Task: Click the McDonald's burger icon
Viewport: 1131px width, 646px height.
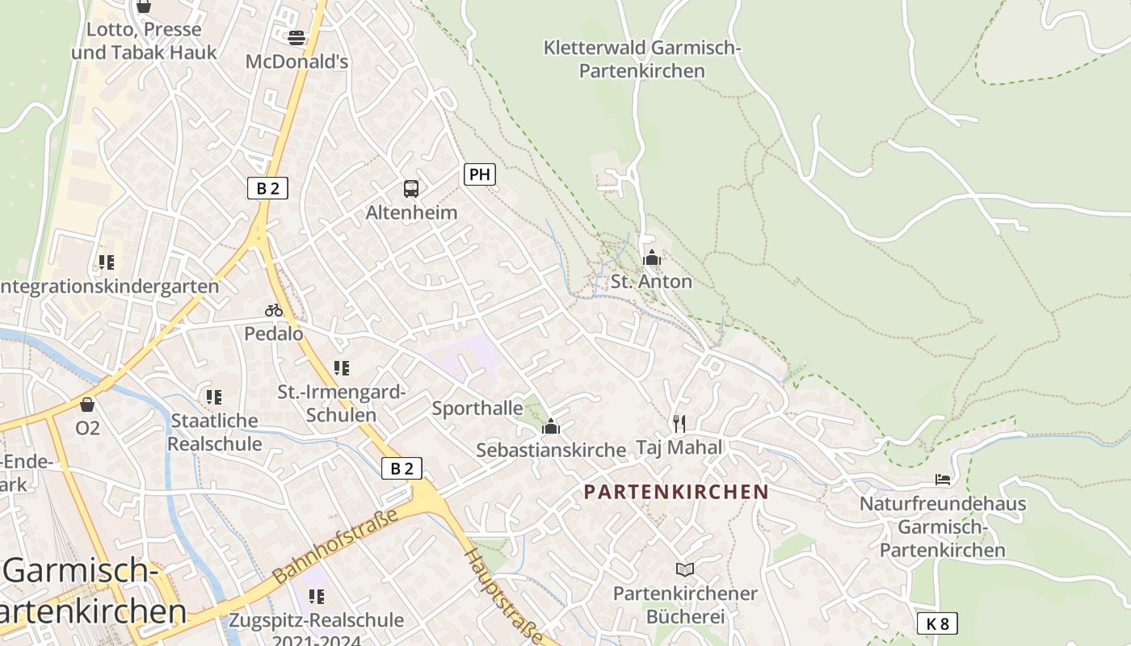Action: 296,37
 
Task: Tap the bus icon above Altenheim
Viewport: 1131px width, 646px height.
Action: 411,189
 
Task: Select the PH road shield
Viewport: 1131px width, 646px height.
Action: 479,174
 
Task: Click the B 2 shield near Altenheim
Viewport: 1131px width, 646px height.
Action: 267,189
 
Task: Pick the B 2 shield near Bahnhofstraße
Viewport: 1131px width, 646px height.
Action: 402,468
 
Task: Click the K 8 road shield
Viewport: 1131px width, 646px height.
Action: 937,623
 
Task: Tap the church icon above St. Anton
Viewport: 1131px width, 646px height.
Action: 651,258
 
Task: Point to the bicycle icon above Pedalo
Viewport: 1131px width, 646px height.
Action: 274,310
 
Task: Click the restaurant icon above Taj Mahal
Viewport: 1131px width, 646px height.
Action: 679,423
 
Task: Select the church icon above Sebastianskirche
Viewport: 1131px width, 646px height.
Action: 551,426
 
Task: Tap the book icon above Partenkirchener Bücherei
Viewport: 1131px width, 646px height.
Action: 685,570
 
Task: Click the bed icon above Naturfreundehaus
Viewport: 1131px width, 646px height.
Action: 943,480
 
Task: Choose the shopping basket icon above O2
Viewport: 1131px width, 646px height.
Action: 87,405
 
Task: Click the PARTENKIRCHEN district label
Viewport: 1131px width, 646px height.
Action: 676,492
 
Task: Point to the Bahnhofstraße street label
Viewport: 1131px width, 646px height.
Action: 336,546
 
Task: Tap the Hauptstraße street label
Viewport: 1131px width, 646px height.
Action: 504,596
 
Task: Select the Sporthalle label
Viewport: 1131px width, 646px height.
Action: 477,409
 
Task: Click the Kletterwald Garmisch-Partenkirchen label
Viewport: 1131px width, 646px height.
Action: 642,59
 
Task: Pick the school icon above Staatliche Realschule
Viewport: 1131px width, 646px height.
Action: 214,397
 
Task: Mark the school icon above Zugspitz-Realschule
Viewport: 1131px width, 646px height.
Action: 317,597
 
